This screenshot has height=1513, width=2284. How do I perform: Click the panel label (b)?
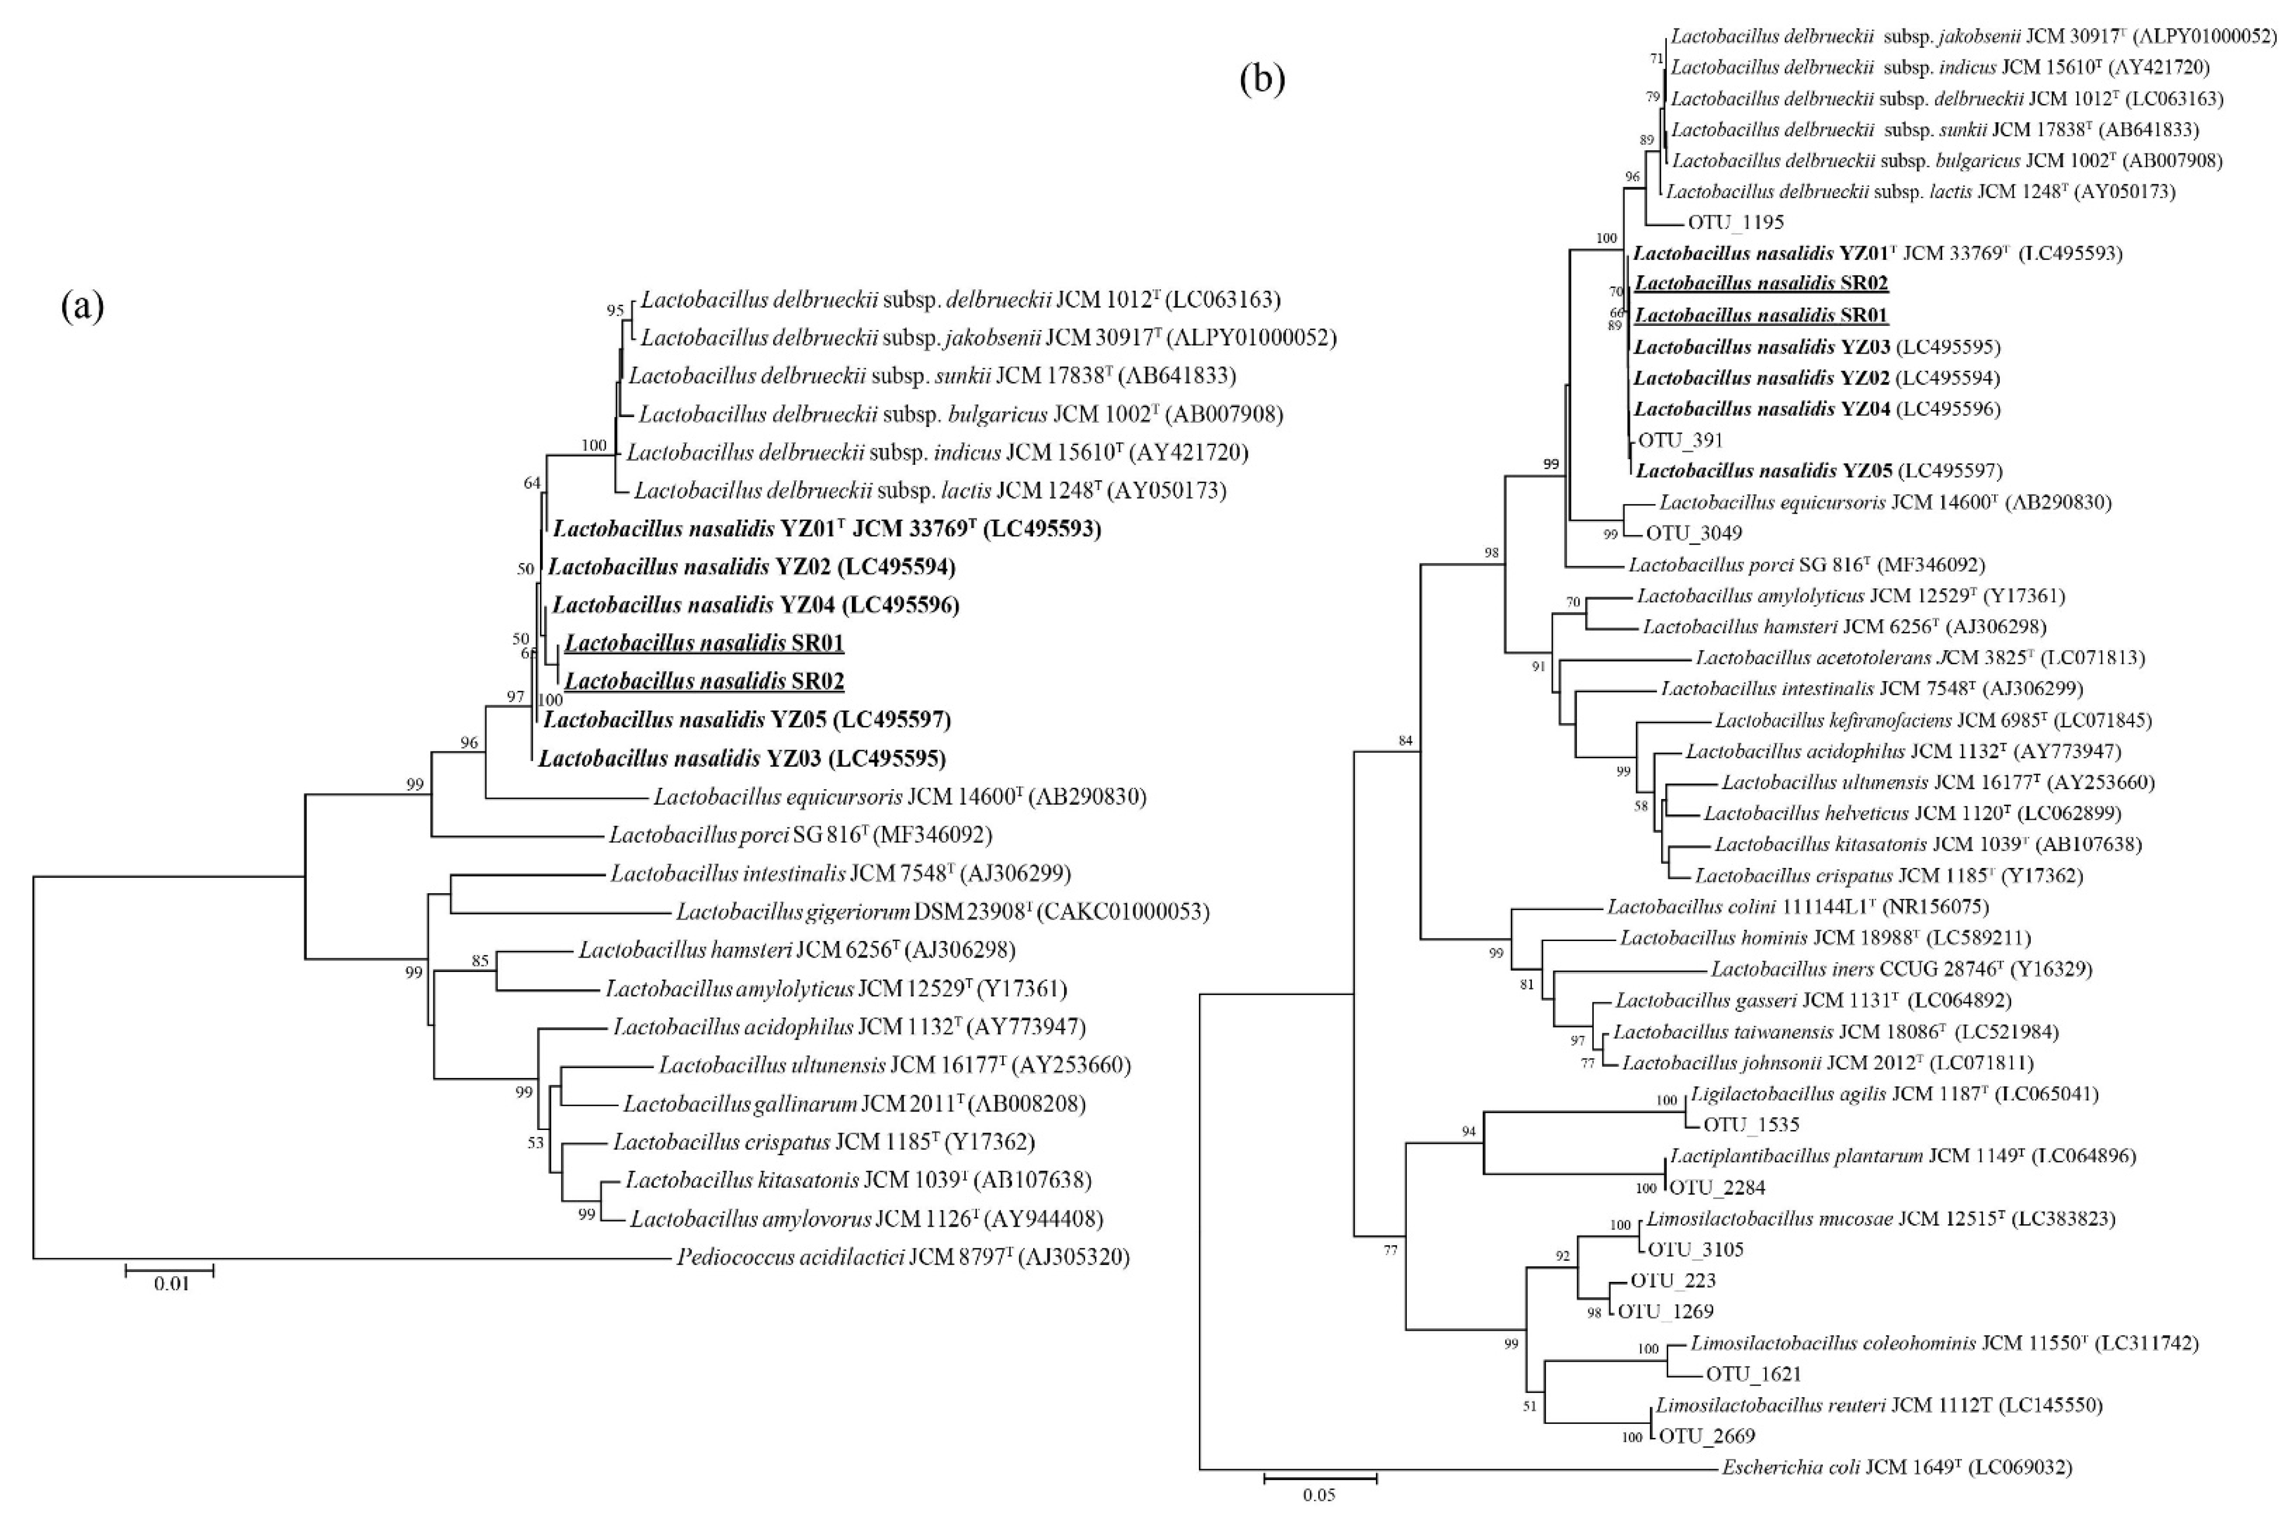point(1262,80)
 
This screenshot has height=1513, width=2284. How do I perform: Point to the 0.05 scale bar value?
point(1318,1494)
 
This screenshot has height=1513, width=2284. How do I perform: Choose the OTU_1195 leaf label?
point(1735,222)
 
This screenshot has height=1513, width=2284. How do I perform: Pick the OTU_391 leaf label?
point(1680,440)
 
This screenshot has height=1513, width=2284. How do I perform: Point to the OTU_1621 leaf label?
point(1753,1374)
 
